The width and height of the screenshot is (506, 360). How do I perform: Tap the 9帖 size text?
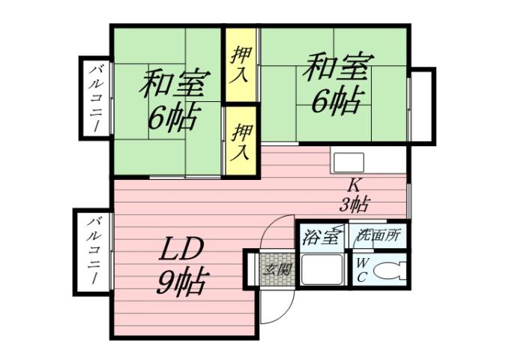coord(182,282)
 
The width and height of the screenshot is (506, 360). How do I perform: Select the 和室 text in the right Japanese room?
coord(335,70)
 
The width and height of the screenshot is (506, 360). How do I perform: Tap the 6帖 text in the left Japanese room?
coord(173,117)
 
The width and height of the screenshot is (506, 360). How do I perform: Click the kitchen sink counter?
coord(348,162)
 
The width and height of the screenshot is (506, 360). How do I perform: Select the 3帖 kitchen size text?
coord(354,203)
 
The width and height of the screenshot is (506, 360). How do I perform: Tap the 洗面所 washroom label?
coord(379,235)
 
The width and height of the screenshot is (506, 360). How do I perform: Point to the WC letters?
coord(361,270)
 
